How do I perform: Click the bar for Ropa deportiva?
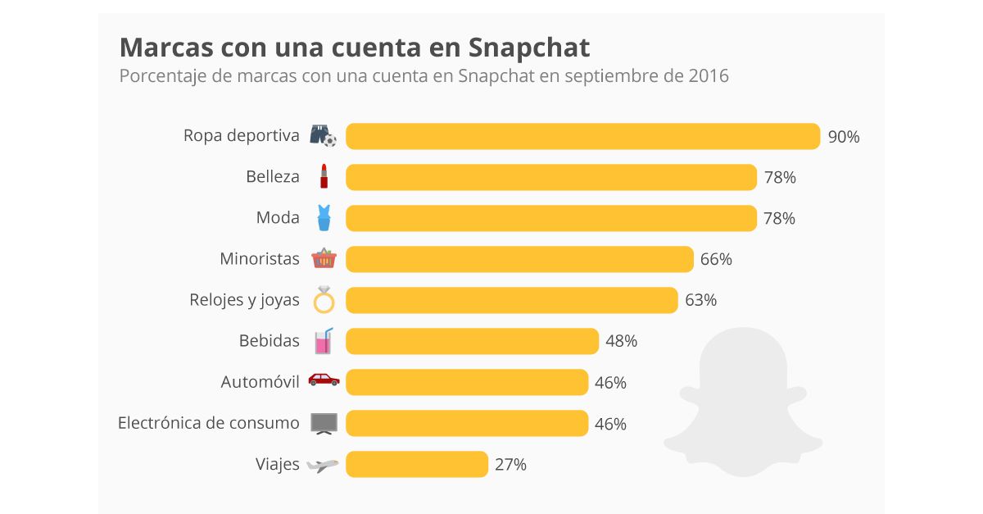coord(582,136)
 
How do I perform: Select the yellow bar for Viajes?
coord(417,464)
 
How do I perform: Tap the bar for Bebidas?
coord(472,341)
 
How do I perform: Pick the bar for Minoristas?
coord(519,259)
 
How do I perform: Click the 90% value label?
coord(843,137)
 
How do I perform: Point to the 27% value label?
coord(510,465)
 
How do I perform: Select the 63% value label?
coord(700,300)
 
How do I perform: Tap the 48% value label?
coord(621,341)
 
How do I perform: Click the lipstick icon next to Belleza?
coord(324,177)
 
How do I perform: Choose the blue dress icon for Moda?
coord(324,218)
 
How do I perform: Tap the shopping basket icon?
coord(324,259)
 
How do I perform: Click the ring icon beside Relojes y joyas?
coord(324,301)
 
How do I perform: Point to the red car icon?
coord(324,380)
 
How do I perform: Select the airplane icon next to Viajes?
coord(323,465)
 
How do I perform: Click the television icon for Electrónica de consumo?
coord(324,423)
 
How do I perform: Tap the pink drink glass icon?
coord(324,341)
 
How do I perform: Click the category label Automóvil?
coord(260,382)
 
